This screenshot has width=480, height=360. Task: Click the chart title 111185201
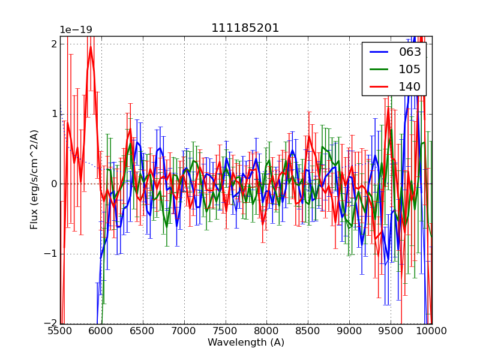[x=245, y=28]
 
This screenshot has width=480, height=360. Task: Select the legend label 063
[x=410, y=52]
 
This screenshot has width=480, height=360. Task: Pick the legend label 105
[x=410, y=70]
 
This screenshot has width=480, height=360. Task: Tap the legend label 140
[x=410, y=87]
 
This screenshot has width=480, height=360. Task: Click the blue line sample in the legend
[x=379, y=52]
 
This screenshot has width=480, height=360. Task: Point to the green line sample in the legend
[x=379, y=70]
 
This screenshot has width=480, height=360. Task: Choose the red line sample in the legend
[x=379, y=87]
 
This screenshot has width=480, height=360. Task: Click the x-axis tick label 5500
[x=60, y=331]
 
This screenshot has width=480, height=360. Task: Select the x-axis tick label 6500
[x=143, y=331]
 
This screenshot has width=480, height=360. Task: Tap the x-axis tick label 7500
[x=226, y=331]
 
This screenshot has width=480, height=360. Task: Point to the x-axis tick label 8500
[x=308, y=331]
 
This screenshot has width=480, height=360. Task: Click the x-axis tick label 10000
[x=431, y=331]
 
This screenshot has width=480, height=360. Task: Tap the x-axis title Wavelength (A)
[x=246, y=343]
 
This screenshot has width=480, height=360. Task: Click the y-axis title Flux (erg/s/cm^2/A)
[x=35, y=179]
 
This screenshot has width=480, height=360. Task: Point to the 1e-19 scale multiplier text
[x=76, y=30]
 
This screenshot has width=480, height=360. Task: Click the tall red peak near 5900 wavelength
[x=91, y=47]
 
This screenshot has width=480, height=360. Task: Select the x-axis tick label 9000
[x=349, y=331]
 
